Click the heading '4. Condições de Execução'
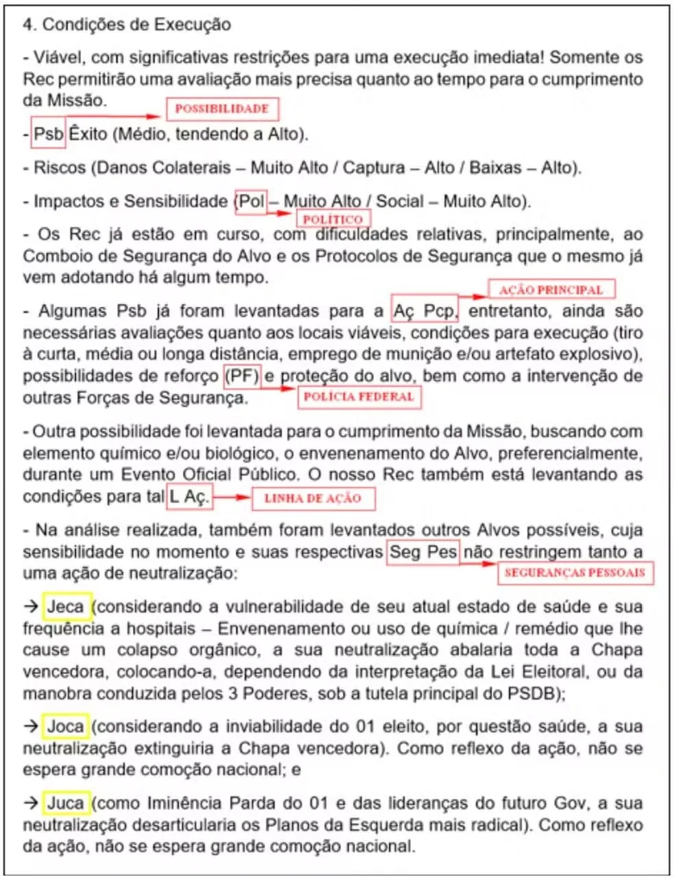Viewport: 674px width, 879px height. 127,25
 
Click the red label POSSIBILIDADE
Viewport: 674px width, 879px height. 222,109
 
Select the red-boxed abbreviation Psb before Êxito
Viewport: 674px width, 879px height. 48,133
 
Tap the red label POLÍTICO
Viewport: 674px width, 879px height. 333,219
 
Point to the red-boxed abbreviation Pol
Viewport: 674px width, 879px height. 251,201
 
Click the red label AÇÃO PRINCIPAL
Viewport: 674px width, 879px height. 551,290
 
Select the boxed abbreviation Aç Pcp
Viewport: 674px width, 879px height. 424,311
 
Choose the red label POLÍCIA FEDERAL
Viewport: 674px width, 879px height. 359,397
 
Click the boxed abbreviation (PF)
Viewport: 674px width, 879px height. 242,376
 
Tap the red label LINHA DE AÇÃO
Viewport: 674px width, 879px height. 313,498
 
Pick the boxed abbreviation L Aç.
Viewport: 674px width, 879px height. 188,497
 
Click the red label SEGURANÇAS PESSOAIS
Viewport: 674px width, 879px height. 575,572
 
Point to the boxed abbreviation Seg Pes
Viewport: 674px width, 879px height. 423,552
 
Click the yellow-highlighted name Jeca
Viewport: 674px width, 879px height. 66,607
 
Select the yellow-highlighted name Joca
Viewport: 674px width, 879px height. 66,727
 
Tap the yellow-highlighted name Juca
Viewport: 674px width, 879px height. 66,803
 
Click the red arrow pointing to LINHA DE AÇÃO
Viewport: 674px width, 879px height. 232,497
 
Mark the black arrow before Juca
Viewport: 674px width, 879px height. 31,803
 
